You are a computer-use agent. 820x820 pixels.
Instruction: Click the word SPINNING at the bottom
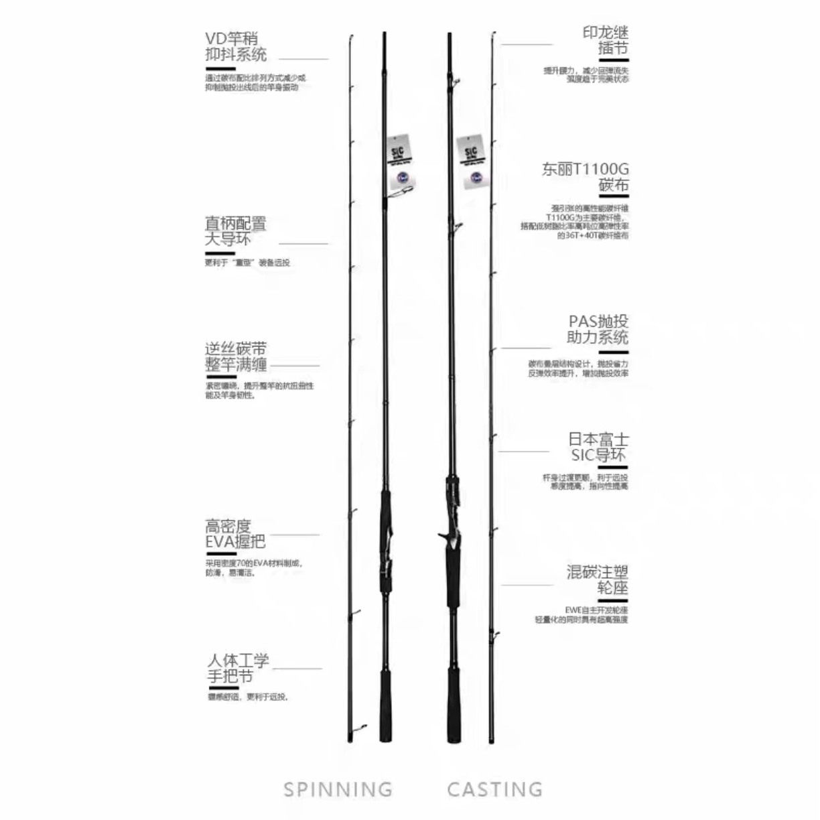click(338, 789)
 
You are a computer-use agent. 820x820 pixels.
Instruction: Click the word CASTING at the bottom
click(495, 789)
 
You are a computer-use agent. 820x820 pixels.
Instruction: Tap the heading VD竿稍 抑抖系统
click(235, 47)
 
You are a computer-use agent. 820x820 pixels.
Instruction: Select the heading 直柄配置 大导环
click(235, 231)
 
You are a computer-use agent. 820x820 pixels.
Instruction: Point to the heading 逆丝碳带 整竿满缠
click(235, 357)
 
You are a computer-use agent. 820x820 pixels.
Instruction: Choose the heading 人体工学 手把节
click(238, 669)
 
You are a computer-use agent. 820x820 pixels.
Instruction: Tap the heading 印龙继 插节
click(605, 40)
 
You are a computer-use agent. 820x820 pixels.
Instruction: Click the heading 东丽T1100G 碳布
click(586, 178)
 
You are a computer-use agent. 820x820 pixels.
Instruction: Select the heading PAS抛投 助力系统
click(598, 330)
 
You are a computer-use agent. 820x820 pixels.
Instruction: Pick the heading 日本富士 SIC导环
click(598, 448)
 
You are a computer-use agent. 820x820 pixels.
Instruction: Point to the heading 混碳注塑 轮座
click(598, 580)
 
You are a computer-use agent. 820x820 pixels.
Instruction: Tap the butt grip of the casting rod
click(454, 703)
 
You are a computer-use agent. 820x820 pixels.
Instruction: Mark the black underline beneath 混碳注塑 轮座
click(612, 600)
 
